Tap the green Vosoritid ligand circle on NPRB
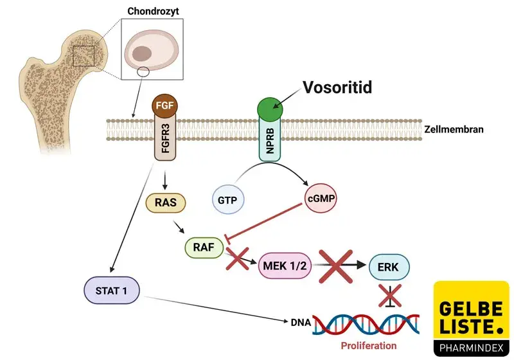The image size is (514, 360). click(x=270, y=109)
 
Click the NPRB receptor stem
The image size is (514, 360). click(x=270, y=143)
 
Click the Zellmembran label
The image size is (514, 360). click(x=454, y=129)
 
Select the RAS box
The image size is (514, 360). click(x=166, y=203)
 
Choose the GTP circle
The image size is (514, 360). click(x=228, y=201)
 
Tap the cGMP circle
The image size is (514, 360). click(x=318, y=200)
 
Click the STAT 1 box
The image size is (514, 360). click(x=111, y=291)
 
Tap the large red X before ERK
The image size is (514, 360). click(x=339, y=264)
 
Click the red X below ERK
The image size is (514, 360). click(x=389, y=296)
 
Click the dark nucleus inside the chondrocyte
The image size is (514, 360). click(x=142, y=53)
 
